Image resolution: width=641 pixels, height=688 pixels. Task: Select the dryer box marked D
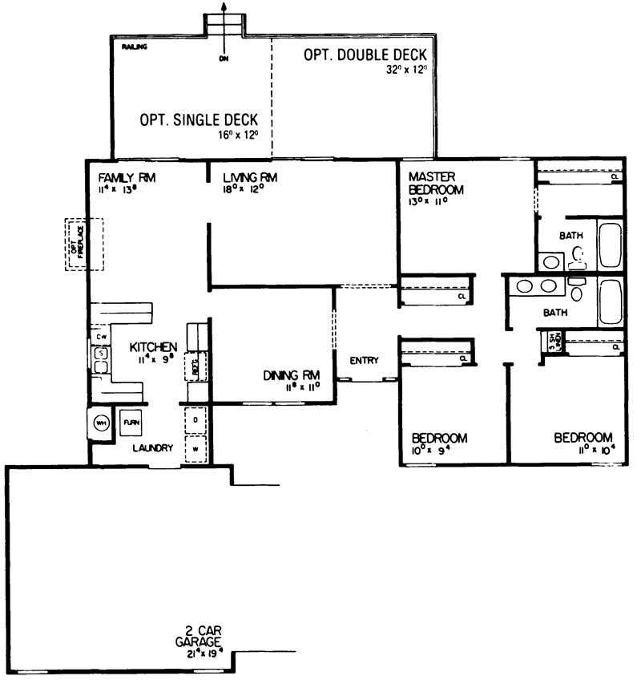coord(196,419)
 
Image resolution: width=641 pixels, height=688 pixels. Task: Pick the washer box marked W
coord(196,449)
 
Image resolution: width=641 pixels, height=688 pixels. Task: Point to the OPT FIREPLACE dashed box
coord(78,245)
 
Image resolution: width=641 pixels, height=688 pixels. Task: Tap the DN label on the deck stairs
coord(224,58)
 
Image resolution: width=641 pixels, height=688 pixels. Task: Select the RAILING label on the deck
coord(134,48)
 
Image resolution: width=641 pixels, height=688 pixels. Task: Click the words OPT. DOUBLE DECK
coord(365,55)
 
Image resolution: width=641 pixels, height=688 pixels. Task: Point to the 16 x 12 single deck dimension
coord(240,135)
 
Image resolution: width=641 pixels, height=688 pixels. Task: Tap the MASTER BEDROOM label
coord(437,183)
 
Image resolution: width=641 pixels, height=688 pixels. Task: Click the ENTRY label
coord(364,361)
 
